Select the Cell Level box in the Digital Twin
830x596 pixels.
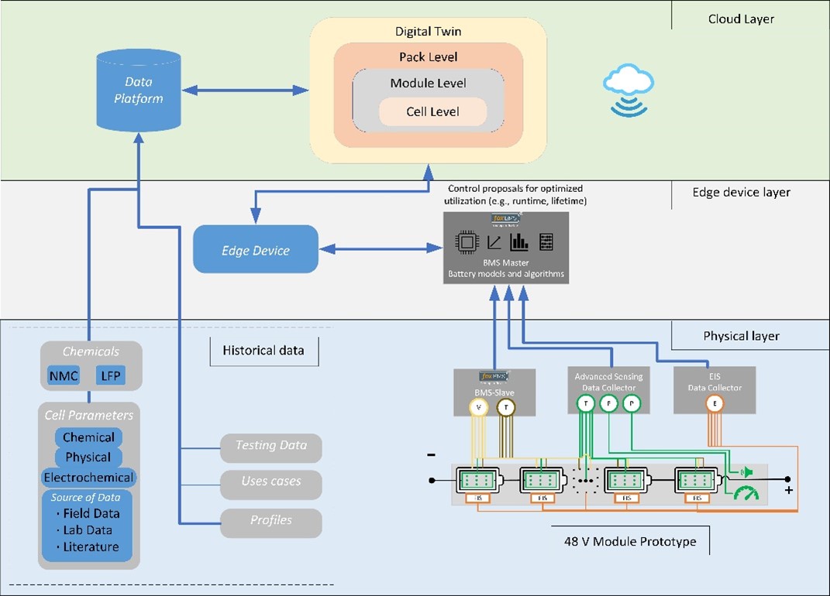point(432,111)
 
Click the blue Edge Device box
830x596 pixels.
point(255,250)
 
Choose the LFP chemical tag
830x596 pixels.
point(108,377)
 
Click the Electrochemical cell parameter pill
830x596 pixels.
point(88,477)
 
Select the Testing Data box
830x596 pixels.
point(270,447)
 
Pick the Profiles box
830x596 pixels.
point(270,521)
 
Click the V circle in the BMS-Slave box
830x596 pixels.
point(478,408)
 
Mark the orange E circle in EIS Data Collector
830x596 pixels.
point(715,402)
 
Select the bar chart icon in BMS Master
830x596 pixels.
point(518,241)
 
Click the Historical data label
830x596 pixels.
point(264,351)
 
